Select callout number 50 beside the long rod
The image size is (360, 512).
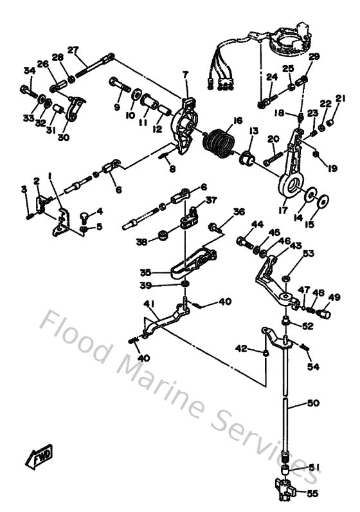click(x=312, y=403)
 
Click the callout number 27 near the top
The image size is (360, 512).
click(x=73, y=50)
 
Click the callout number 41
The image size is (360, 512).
click(x=148, y=303)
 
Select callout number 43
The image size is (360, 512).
click(x=295, y=245)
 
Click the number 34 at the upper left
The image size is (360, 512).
click(x=29, y=71)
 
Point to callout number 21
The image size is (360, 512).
click(x=340, y=98)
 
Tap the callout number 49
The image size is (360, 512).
click(x=334, y=297)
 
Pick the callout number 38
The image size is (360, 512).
click(x=141, y=242)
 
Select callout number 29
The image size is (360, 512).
click(x=314, y=57)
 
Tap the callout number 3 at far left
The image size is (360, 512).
click(x=24, y=188)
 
